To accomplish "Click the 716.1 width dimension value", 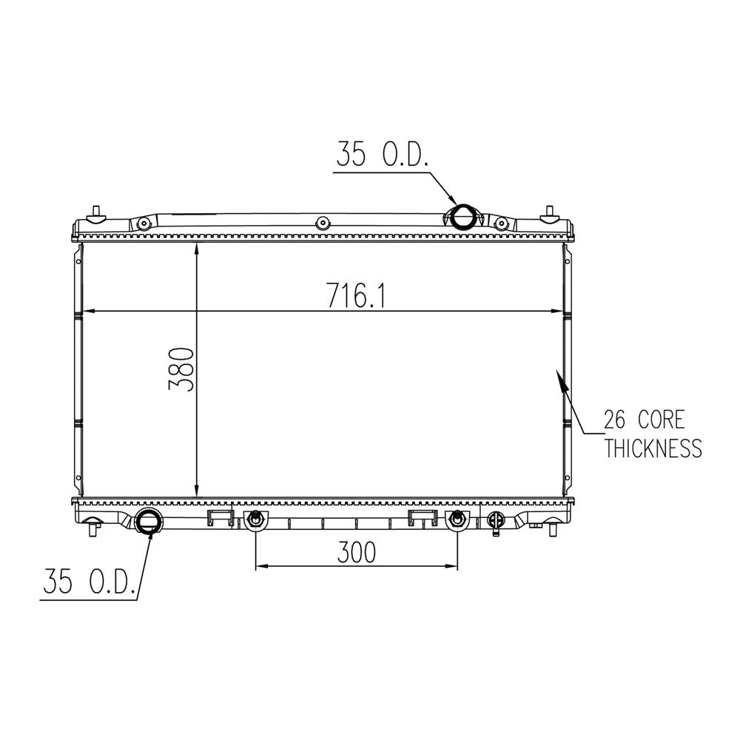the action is pos(357,296).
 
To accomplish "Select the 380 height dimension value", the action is pos(182,369).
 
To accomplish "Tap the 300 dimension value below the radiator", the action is pos(357,552).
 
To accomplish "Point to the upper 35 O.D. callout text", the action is pos(383,154).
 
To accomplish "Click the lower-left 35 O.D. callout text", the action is pos(90,581).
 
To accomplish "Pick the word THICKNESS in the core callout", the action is pos(653,448).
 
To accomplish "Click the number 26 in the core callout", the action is pos(614,420).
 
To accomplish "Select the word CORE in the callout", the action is pos(662,420).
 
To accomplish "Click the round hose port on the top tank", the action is pos(463,217).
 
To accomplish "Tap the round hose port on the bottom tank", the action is pos(148,522).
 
